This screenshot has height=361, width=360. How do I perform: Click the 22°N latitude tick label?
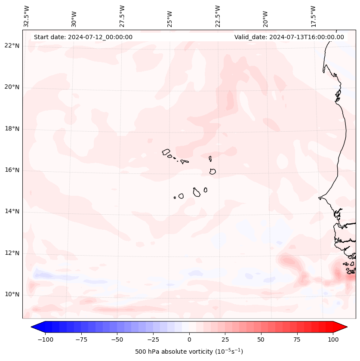[x=12, y=46]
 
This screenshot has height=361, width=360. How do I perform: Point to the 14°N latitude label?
[x=12, y=212]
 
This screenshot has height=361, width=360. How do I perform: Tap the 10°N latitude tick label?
[x=12, y=295]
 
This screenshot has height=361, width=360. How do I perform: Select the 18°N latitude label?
[x=12, y=129]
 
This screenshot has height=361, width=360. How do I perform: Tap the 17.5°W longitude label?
[x=314, y=15]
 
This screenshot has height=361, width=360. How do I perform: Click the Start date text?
[x=83, y=37]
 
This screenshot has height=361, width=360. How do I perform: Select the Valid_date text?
[x=289, y=37]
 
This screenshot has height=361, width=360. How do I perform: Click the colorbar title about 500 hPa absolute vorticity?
[x=189, y=352]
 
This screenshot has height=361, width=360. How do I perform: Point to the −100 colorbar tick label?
[x=45, y=339]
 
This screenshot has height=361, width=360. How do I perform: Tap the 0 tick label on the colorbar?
[x=189, y=339]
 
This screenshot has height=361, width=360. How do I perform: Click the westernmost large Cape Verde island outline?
[x=166, y=152]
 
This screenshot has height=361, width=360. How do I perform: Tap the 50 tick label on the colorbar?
[x=261, y=339]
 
